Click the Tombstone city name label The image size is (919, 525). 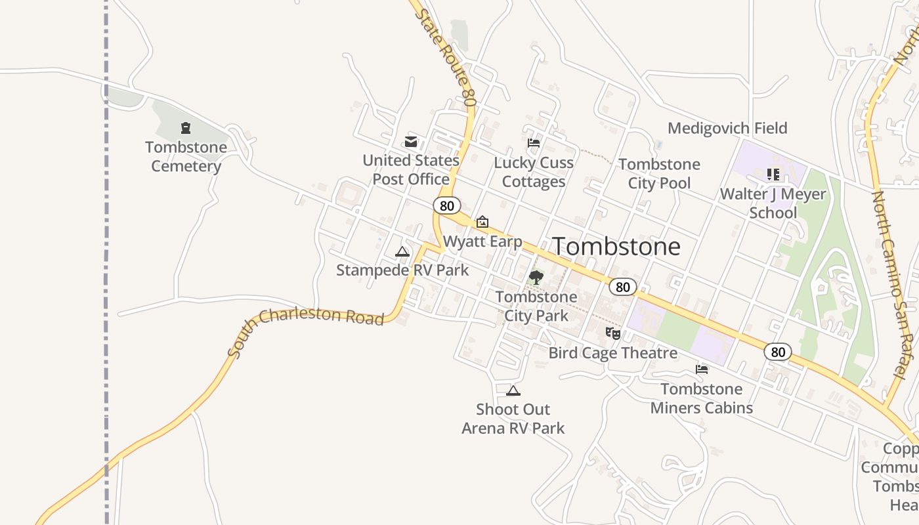(x=616, y=247)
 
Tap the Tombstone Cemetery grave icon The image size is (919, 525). (x=186, y=128)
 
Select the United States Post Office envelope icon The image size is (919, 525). (x=411, y=141)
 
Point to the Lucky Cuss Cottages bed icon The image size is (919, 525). (x=534, y=142)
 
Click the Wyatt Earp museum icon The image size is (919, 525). (x=482, y=222)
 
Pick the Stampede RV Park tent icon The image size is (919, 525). (x=402, y=252)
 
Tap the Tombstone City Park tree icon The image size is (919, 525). (x=536, y=278)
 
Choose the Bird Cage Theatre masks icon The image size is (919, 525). (x=613, y=333)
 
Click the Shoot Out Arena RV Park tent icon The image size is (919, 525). (x=513, y=391)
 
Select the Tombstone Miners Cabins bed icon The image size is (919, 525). (x=702, y=369)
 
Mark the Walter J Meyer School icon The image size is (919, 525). (x=773, y=175)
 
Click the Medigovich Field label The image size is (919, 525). (x=727, y=128)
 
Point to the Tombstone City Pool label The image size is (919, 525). (x=659, y=173)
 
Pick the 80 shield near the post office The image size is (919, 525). (x=447, y=206)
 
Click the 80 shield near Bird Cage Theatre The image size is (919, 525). (x=623, y=287)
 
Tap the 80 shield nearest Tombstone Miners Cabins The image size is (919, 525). (x=778, y=352)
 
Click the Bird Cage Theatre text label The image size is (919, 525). (x=612, y=353)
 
